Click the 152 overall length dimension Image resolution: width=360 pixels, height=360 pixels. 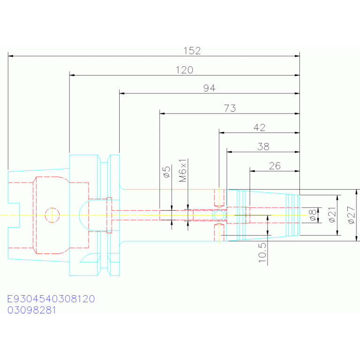[x=192, y=51]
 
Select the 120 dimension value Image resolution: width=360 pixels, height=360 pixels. [x=184, y=70]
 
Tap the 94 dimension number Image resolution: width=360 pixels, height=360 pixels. [x=209, y=88]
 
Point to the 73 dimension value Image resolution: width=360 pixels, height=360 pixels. [x=230, y=108]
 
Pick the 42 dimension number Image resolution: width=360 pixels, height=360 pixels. [x=260, y=127]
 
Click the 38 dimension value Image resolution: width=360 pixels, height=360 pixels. [x=263, y=147]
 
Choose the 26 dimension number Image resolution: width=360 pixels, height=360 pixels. [x=275, y=166]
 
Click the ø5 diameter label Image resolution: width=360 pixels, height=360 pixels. [x=167, y=172]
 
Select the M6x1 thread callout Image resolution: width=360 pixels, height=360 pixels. [x=183, y=170]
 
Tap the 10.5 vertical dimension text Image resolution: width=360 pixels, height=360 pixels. [x=262, y=253]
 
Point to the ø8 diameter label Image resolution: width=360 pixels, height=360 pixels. [x=313, y=215]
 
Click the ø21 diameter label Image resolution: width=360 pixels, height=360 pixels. [x=332, y=215]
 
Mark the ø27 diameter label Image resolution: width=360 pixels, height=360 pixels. [x=351, y=215]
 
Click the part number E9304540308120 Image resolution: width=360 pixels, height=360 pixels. [x=51, y=299]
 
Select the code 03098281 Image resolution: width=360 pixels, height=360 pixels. [x=32, y=310]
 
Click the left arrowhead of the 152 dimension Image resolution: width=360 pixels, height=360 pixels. [x=11, y=56]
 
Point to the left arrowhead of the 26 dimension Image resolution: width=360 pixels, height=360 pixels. [x=253, y=171]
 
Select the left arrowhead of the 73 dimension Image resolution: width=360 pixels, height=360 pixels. [x=162, y=114]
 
